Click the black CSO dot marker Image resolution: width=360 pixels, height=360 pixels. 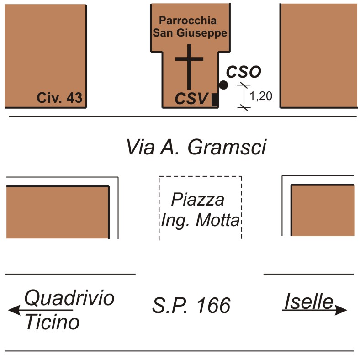tap(223, 85)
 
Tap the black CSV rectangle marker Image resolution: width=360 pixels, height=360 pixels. tap(215, 99)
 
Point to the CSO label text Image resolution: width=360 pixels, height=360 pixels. tap(244, 72)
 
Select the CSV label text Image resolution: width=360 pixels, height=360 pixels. tap(191, 99)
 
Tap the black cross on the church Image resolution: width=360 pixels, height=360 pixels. tap(189, 66)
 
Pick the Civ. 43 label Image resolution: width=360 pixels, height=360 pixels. tap(60, 98)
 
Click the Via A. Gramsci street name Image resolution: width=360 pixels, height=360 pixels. tap(196, 147)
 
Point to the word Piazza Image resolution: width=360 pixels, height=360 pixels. tap(198, 200)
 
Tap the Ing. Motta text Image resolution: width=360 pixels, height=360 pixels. tap(200, 221)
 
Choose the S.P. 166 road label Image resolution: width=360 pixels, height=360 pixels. tap(191, 306)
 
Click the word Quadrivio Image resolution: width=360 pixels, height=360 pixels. tap(69, 298)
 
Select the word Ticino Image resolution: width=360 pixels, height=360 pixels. tap(52, 323)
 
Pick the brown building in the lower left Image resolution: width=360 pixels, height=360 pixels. tap(58, 212)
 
